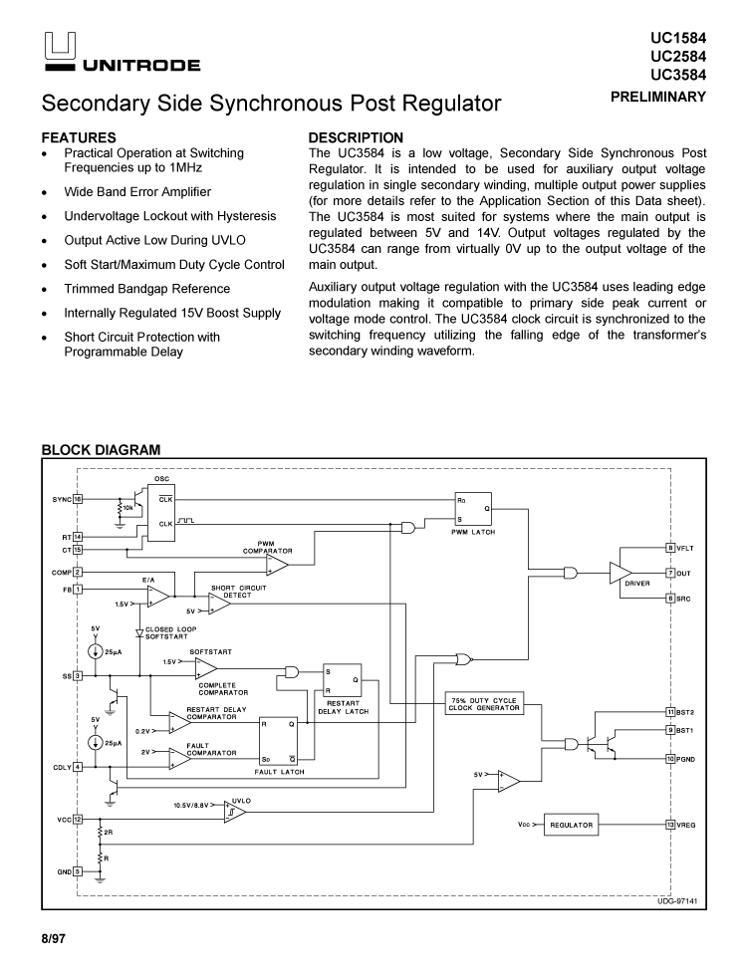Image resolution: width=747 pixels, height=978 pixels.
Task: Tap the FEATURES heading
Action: pyautogui.click(x=79, y=137)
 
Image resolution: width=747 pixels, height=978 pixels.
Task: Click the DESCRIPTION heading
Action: pyautogui.click(x=356, y=137)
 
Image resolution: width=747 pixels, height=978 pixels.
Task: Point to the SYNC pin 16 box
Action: pyautogui.click(x=78, y=498)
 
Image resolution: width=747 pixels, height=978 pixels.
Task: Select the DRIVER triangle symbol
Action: pyautogui.click(x=621, y=573)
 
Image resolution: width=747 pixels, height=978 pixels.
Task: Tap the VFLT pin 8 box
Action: pyautogui.click(x=670, y=548)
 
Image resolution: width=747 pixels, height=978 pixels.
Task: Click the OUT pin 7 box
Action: pyautogui.click(x=670, y=573)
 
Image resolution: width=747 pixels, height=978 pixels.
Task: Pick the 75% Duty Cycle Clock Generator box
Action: pyautogui.click(x=485, y=704)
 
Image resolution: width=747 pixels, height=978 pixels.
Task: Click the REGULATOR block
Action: pyautogui.click(x=571, y=825)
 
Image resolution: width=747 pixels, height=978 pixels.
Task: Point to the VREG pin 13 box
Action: pyautogui.click(x=670, y=825)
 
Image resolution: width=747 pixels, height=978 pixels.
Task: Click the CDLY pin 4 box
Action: pyautogui.click(x=78, y=766)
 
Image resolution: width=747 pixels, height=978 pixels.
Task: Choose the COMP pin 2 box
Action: pyautogui.click(x=78, y=573)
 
